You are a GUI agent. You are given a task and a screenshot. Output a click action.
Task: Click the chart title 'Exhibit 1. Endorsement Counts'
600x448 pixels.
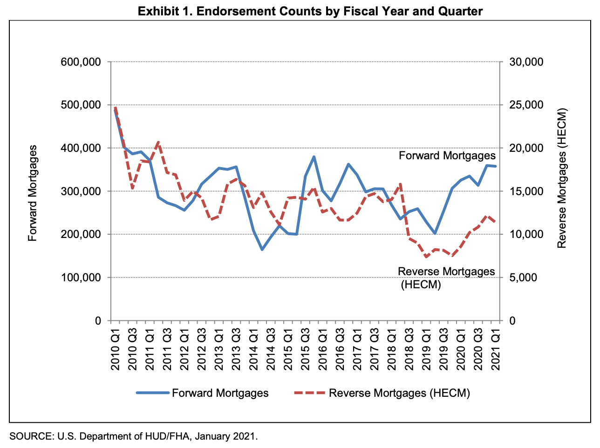[310, 11]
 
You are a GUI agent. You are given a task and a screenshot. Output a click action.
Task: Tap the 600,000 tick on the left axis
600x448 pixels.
[81, 62]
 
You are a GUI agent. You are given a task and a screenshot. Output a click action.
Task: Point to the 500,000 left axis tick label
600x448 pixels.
[81, 105]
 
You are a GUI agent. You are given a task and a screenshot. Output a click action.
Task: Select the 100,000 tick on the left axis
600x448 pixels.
[81, 278]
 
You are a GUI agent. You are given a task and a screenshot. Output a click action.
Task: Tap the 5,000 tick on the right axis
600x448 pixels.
[523, 278]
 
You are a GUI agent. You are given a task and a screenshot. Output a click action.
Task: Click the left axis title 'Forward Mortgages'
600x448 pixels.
[32, 193]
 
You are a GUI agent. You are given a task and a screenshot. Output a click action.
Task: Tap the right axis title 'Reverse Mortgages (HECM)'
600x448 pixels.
[562, 178]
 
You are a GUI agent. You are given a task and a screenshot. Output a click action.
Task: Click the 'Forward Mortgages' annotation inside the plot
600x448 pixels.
[447, 156]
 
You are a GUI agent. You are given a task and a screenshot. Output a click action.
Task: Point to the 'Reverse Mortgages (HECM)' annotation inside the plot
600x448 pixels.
[446, 278]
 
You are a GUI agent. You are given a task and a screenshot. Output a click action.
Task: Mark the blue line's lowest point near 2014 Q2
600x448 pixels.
[262, 250]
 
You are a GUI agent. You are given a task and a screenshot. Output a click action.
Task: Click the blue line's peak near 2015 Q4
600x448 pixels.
[314, 157]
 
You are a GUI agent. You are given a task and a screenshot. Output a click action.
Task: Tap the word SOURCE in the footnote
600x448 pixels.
[30, 436]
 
